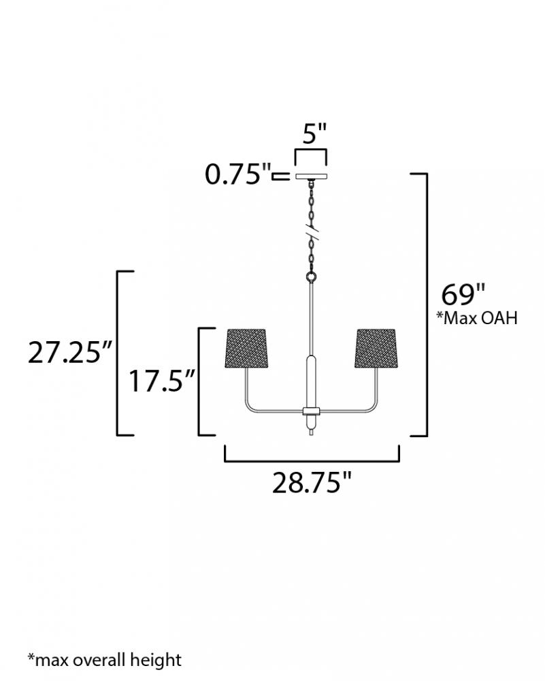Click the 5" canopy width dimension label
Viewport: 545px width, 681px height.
tap(314, 133)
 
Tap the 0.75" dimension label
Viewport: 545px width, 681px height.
tap(237, 175)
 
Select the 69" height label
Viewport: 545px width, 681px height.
tap(463, 295)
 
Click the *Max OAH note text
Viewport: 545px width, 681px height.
tap(477, 318)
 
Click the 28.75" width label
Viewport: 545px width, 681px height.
tap(311, 483)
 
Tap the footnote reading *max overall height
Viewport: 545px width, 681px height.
tap(105, 659)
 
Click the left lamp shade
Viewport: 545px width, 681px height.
tap(246, 348)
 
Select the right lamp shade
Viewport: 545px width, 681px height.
tap(376, 348)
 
